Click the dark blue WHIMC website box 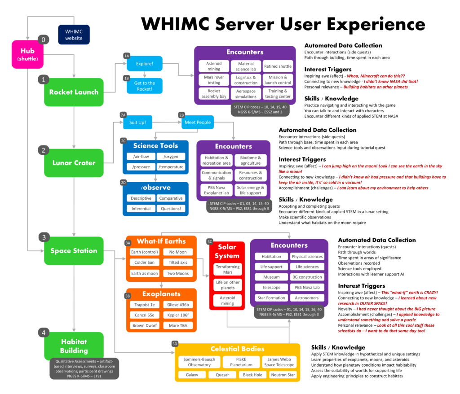[x=74, y=35]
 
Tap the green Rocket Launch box [x=74, y=92]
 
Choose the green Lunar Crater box [x=74, y=162]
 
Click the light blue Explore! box [x=144, y=64]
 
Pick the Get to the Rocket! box [x=144, y=86]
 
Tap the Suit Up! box [x=137, y=122]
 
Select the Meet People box [x=197, y=122]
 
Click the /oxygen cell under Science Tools [x=171, y=156]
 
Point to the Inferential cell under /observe [x=141, y=208]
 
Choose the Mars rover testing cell [x=213, y=80]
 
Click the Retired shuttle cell [x=278, y=66]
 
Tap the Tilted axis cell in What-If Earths [x=178, y=263]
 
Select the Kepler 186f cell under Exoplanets [x=178, y=315]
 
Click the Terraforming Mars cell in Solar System [x=228, y=270]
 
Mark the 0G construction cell [x=307, y=277]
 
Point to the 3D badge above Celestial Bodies [x=175, y=344]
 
